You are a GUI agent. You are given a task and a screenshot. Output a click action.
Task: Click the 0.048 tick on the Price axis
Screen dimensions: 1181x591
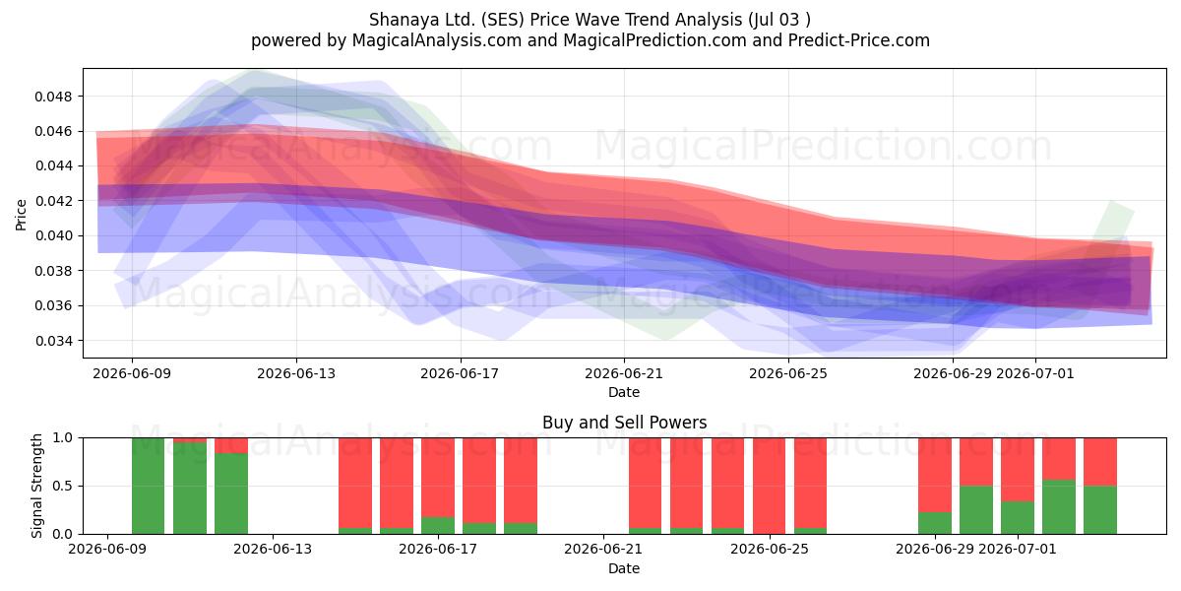pyautogui.click(x=53, y=97)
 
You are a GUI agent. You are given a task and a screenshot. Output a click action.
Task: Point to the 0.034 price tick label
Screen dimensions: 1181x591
pyautogui.click(x=53, y=341)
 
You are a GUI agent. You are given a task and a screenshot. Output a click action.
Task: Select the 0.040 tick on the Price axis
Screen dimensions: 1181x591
pyautogui.click(x=53, y=235)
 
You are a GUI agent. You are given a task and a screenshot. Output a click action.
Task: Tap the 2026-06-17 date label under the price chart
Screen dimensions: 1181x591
pyautogui.click(x=460, y=374)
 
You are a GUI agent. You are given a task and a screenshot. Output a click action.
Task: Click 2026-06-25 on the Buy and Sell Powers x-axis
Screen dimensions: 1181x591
pyautogui.click(x=770, y=550)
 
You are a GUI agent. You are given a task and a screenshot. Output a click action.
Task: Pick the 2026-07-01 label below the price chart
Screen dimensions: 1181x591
pyautogui.click(x=1035, y=374)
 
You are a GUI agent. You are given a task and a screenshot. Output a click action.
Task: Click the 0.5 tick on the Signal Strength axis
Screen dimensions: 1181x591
pyautogui.click(x=63, y=486)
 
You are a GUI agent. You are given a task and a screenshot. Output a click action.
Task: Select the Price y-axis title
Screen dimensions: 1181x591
pyautogui.click(x=21, y=215)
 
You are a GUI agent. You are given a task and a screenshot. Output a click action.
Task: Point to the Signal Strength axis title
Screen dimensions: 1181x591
pyautogui.click(x=36, y=486)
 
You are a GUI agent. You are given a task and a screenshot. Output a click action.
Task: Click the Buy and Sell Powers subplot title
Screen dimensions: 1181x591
pyautogui.click(x=624, y=423)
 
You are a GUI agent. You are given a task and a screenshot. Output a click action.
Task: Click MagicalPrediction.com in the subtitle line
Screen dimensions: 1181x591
pyautogui.click(x=654, y=40)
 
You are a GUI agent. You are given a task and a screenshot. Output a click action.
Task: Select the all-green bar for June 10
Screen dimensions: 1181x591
pyautogui.click(x=149, y=486)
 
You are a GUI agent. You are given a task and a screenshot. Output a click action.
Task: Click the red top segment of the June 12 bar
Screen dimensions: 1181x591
pyautogui.click(x=231, y=445)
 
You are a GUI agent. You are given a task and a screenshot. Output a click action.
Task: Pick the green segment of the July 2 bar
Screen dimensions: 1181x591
pyautogui.click(x=1059, y=507)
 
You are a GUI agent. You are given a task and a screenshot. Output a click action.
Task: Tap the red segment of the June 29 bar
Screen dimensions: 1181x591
pyautogui.click(x=935, y=475)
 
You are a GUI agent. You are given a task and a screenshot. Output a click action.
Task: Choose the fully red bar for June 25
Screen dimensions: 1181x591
pyautogui.click(x=770, y=486)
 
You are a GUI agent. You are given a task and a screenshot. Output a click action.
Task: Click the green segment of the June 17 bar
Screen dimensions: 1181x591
pyautogui.click(x=438, y=526)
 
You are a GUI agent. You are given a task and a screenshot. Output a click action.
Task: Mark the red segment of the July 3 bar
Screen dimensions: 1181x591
pyautogui.click(x=1100, y=462)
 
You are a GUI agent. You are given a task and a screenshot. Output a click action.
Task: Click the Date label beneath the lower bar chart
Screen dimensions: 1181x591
pyautogui.click(x=624, y=569)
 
